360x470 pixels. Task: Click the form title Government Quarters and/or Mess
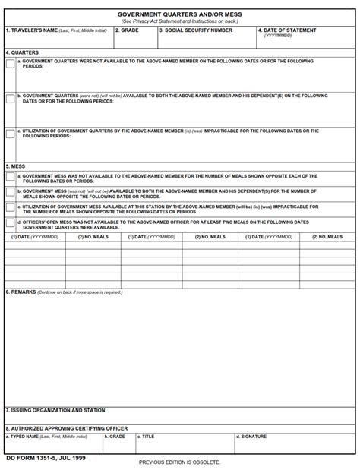click(179, 14)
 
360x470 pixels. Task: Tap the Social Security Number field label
click(195, 30)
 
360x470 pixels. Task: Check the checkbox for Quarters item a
click(10, 64)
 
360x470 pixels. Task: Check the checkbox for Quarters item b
click(10, 99)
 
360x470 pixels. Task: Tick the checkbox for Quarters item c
click(10, 134)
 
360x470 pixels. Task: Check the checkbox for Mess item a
click(10, 178)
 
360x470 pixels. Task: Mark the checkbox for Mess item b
click(10, 193)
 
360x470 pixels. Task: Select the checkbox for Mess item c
click(10, 208)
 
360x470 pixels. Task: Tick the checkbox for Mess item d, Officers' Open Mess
click(10, 223)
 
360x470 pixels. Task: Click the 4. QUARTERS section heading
click(22, 52)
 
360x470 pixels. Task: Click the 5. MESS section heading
click(15, 166)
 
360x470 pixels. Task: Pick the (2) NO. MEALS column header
click(93, 237)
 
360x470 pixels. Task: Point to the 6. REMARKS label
click(21, 292)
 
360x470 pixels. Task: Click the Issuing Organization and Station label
click(55, 410)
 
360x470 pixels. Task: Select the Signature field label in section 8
click(252, 437)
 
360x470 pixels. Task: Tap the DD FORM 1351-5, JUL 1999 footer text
click(46, 459)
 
